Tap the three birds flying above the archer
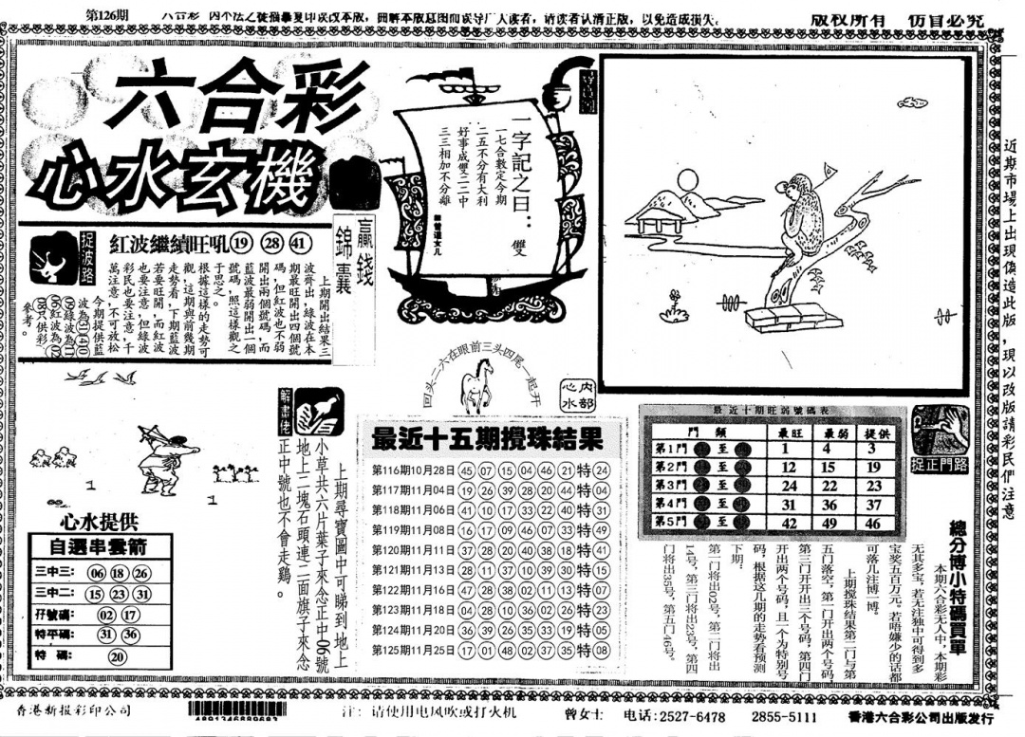101,378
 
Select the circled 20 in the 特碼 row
118,655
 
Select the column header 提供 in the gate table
873,433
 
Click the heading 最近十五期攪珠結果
486,439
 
